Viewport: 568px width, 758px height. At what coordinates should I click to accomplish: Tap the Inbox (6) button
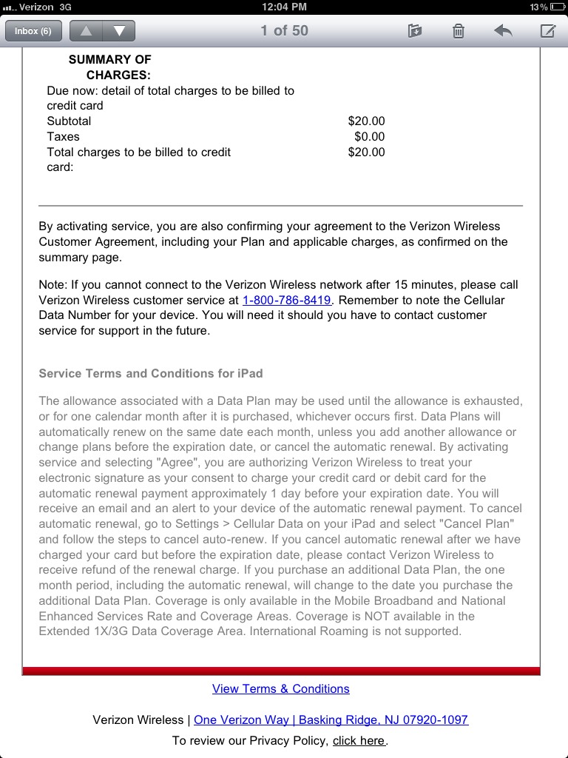pyautogui.click(x=33, y=31)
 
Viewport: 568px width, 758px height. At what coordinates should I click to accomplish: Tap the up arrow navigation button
pyautogui.click(x=86, y=31)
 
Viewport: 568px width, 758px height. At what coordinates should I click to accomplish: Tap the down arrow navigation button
pyautogui.click(x=119, y=31)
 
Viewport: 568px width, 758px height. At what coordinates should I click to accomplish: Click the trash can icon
pyautogui.click(x=459, y=31)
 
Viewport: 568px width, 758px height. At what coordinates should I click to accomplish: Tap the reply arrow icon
pyautogui.click(x=503, y=31)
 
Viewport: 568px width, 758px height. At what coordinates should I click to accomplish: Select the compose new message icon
pyautogui.click(x=547, y=31)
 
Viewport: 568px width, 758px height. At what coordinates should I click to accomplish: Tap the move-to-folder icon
pyautogui.click(x=415, y=31)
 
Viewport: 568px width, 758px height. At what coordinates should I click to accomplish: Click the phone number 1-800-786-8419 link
pyautogui.click(x=287, y=300)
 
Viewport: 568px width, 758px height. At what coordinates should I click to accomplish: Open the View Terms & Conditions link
pyautogui.click(x=281, y=688)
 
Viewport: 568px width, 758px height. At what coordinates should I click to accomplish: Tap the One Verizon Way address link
pyautogui.click(x=331, y=720)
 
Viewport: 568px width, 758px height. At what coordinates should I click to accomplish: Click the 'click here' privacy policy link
pyautogui.click(x=359, y=740)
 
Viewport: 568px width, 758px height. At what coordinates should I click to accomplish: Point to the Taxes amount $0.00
pyautogui.click(x=370, y=137)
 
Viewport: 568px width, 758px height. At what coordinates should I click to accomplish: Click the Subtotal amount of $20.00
pyautogui.click(x=366, y=121)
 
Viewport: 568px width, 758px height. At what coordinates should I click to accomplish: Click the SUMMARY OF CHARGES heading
pyautogui.click(x=111, y=67)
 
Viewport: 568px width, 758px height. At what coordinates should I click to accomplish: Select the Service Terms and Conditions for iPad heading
pyautogui.click(x=151, y=374)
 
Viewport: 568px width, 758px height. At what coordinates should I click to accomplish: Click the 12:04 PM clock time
pyautogui.click(x=284, y=7)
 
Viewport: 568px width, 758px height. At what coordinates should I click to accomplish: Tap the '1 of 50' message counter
pyautogui.click(x=284, y=31)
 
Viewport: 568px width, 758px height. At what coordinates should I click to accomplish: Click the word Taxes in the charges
pyautogui.click(x=63, y=137)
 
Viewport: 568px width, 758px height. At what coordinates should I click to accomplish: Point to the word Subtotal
pyautogui.click(x=69, y=121)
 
